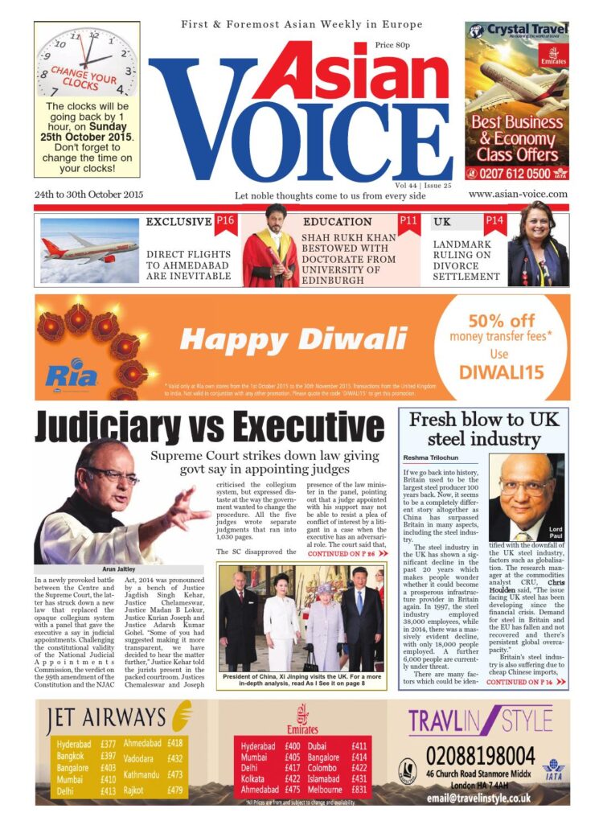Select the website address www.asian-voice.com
(x=518, y=194)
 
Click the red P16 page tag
(x=225, y=221)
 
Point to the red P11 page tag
(x=409, y=220)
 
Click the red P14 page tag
(x=494, y=221)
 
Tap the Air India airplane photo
(x=88, y=249)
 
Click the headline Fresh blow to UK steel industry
(x=482, y=429)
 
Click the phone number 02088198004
(x=480, y=756)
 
